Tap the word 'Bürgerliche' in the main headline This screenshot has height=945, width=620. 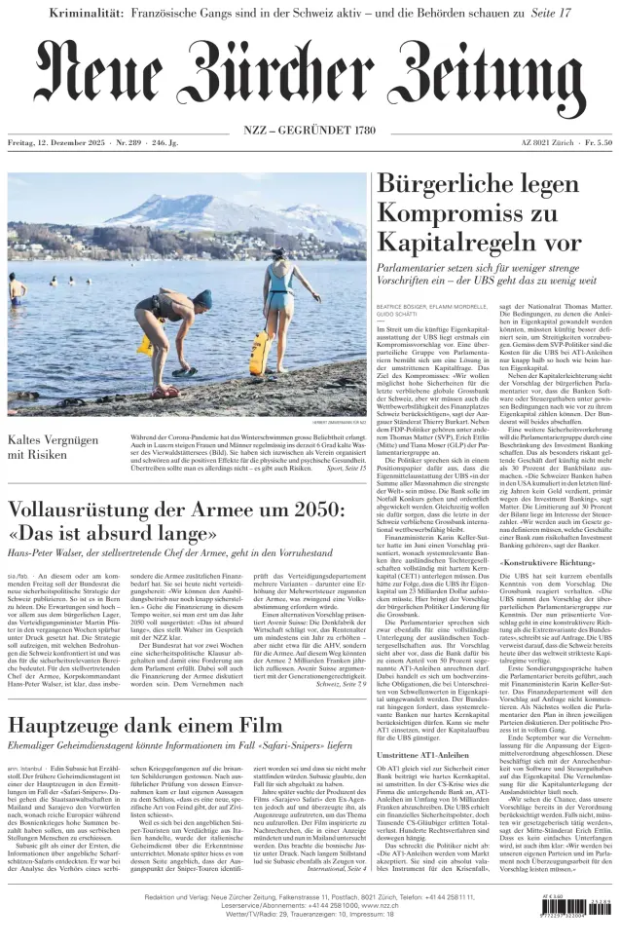tap(457, 184)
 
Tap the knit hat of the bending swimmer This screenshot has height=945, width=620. tap(201, 296)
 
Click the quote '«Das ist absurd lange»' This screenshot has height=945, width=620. tap(112, 535)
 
